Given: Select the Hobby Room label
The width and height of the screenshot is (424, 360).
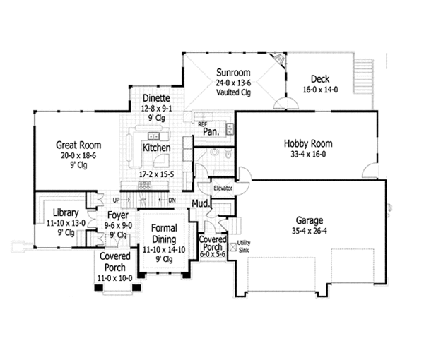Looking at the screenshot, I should (x=308, y=144).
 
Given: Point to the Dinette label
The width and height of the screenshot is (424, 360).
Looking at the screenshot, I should (x=155, y=98).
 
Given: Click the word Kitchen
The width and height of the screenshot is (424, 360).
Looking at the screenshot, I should (x=155, y=148).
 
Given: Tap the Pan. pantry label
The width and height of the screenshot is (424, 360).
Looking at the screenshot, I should (x=210, y=131).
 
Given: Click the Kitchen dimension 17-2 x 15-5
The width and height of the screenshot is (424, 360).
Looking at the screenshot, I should (x=157, y=172).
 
